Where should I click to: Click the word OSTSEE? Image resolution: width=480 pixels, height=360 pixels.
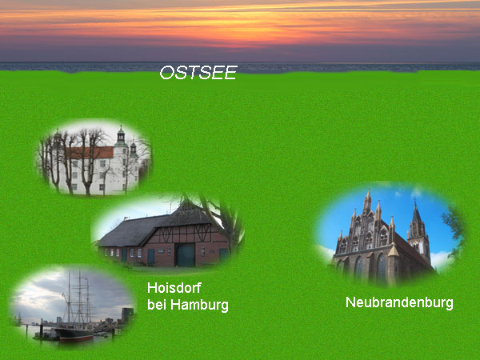pos(198,73)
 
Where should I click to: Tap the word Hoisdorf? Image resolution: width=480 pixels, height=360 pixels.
pos(174,288)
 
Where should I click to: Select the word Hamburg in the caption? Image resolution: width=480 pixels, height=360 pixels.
pos(199,305)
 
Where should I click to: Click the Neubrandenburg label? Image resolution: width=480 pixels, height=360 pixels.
pos(399,302)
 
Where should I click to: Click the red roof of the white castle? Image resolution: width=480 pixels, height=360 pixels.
pos(91,153)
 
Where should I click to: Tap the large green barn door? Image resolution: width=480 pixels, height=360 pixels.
pos(185,256)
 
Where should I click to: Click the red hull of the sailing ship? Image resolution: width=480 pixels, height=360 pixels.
pos(77,338)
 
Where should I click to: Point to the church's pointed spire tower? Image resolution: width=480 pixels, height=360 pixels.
pos(418,233)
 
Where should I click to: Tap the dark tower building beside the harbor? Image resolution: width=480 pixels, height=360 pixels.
pos(127,315)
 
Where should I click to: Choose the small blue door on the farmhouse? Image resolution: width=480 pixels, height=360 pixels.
pos(151,257)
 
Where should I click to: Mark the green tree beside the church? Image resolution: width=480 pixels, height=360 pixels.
pos(454,233)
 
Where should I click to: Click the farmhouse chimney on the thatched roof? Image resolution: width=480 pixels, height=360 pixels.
pos(126,219)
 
